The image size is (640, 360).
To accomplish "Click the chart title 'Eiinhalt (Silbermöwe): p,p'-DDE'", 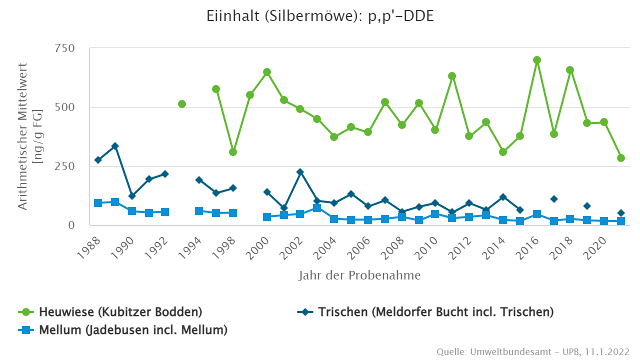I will click(320, 16).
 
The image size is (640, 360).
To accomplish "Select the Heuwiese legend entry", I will click(110, 312).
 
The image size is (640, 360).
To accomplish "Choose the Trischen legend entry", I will click(425, 312).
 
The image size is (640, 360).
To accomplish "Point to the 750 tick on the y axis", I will click(65, 48).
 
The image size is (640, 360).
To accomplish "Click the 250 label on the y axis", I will click(65, 166).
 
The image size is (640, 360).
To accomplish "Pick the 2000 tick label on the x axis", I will click(260, 246).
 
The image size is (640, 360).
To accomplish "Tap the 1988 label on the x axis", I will click(90, 246).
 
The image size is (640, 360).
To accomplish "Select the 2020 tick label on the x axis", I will click(596, 246).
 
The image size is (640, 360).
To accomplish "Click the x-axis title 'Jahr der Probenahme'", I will click(359, 275).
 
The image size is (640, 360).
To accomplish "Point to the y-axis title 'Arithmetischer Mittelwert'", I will click(23, 136).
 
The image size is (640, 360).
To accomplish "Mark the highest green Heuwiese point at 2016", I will click(537, 60).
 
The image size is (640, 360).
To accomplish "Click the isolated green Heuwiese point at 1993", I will click(182, 104).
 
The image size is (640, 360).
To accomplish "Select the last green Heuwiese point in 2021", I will click(621, 158).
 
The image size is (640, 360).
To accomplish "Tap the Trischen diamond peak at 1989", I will click(115, 146).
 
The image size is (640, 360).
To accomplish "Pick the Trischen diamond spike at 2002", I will click(300, 172).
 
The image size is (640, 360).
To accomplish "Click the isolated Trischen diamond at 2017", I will click(554, 199).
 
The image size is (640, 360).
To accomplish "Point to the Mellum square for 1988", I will click(98, 203).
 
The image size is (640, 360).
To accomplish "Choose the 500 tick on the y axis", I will click(65, 107).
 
